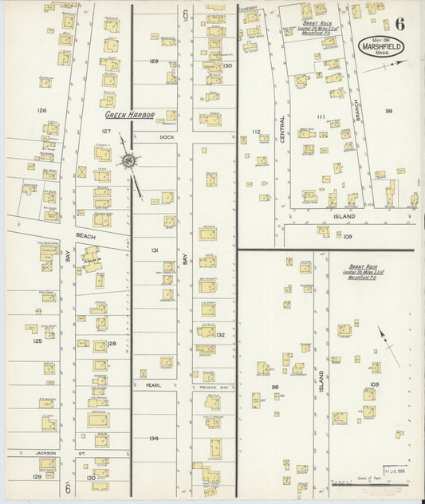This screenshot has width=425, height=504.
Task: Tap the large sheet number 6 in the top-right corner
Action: pos(398,22)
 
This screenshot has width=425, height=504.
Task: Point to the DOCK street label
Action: pos(166,136)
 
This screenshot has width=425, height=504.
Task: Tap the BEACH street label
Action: pos(85,237)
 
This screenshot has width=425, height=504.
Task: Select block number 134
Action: pos(153,438)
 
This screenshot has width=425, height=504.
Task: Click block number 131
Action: pos(155,250)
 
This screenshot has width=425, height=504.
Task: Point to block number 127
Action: pos(106,131)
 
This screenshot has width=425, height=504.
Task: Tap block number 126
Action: pos(41,111)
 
